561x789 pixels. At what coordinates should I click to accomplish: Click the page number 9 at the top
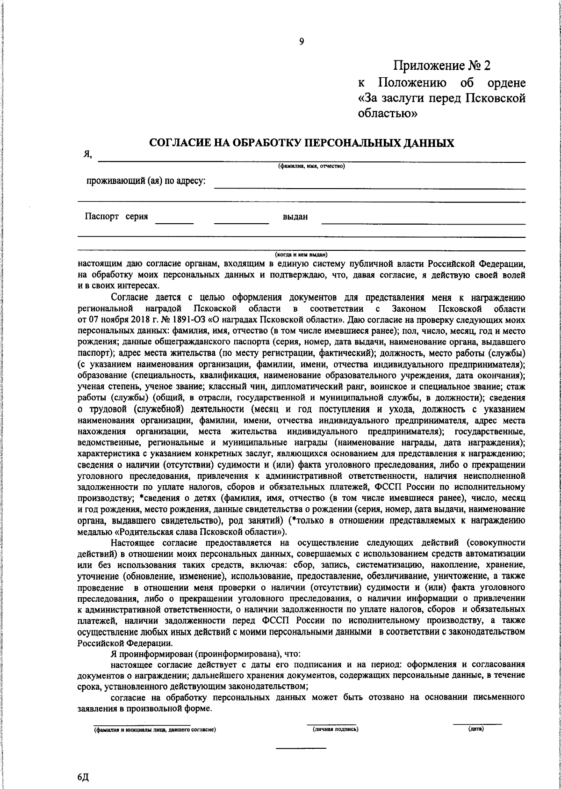[302, 41]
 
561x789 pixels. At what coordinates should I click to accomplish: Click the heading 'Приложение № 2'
[442, 66]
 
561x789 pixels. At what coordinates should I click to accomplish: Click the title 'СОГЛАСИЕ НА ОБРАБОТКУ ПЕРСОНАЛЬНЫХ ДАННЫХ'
[302, 143]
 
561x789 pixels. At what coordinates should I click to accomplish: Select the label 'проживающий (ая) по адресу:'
[146, 181]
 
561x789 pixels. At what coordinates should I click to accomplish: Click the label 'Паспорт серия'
[116, 217]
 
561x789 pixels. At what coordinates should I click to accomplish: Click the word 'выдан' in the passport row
[295, 217]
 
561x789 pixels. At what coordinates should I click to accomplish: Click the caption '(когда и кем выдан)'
[301, 254]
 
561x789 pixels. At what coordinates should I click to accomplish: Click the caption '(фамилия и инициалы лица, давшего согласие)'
[154, 730]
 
